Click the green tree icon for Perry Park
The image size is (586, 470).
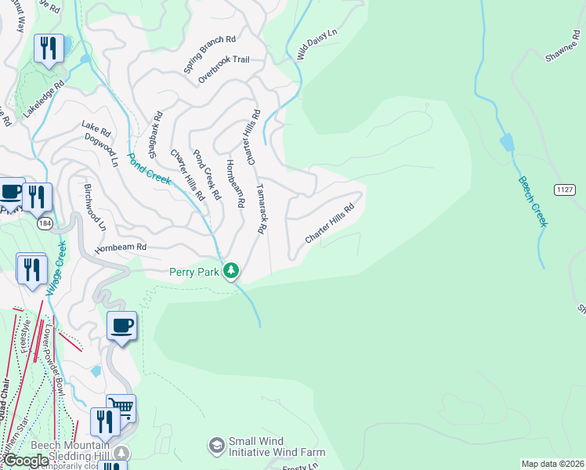point(230,271)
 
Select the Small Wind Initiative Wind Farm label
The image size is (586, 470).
point(276,446)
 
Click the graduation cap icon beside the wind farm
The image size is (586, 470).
point(215,446)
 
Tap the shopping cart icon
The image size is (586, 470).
point(121,407)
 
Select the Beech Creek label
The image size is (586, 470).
point(533,201)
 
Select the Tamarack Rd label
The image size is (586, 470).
point(262,209)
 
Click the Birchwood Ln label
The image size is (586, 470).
point(93,208)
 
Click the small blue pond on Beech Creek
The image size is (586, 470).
point(507,143)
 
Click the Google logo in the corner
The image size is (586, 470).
point(25,461)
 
